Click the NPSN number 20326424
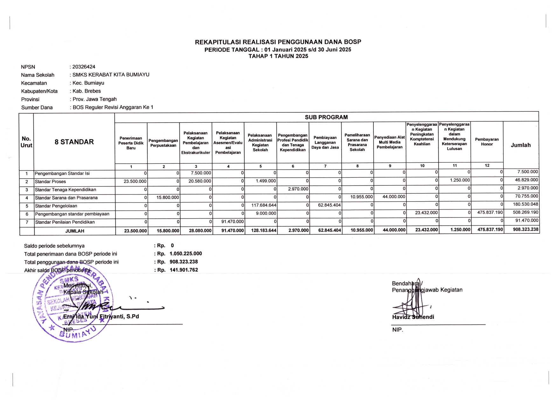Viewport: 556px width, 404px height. (84, 67)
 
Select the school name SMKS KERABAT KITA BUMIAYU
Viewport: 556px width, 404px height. (111, 75)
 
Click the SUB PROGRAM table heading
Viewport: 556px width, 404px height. (326, 117)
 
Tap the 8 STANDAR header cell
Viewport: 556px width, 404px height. (74, 142)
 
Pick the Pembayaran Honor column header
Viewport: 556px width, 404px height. (487, 142)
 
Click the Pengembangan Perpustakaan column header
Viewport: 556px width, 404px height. (163, 143)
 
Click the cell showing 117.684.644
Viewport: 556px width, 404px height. (264, 205)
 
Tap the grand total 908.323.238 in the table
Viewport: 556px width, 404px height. (525, 229)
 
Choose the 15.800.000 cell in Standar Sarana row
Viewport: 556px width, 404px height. (168, 197)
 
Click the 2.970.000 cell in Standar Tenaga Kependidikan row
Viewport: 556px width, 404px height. (298, 189)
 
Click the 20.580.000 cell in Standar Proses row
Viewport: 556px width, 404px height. (200, 181)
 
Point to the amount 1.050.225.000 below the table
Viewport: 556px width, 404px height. (186, 254)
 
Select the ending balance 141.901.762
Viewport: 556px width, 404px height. (184, 270)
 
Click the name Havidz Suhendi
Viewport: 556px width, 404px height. (413, 317)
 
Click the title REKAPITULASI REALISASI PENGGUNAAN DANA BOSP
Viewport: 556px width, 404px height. (278, 42)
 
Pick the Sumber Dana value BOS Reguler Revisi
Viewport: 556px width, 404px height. (113, 107)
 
